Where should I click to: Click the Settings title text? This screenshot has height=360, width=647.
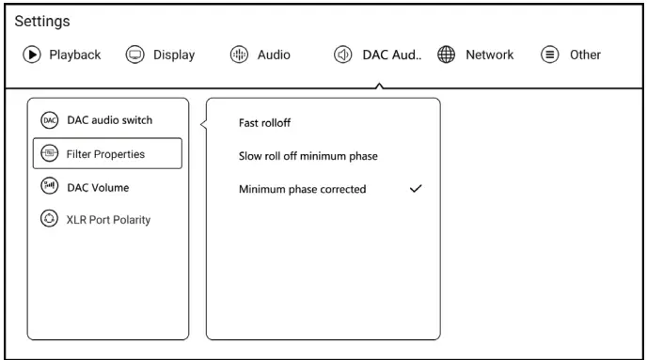point(42,21)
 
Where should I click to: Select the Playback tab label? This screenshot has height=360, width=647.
point(74,55)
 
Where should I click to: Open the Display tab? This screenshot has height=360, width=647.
point(174,55)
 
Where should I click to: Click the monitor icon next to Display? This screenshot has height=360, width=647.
point(136,55)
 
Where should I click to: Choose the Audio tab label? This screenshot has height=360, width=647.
point(274,55)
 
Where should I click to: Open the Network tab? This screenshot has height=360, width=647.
point(490,55)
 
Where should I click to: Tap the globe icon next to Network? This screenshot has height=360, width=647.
point(448,55)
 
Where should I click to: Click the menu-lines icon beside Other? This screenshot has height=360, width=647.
point(547,55)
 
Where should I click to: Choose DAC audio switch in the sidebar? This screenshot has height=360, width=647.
point(108,119)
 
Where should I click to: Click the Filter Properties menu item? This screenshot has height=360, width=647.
point(104,153)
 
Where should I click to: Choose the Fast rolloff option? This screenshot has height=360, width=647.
point(265,121)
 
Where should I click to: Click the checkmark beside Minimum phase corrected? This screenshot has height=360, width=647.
point(416,188)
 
